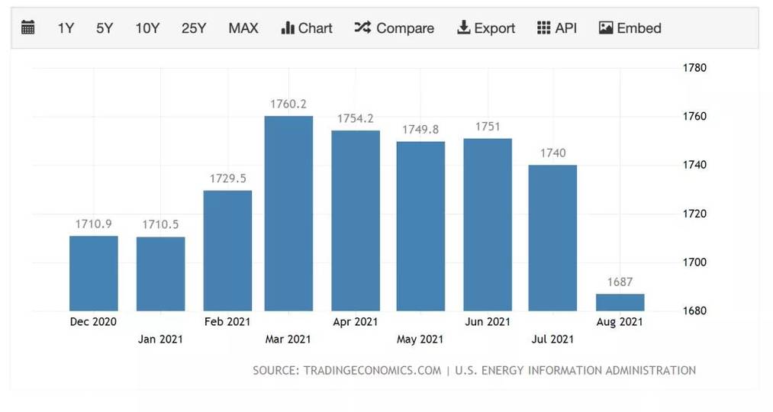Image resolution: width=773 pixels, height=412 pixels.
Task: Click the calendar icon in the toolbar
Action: pos(28,28)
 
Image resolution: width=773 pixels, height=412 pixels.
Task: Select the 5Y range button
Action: pos(105,28)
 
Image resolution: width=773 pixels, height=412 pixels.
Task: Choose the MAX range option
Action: pos(243,28)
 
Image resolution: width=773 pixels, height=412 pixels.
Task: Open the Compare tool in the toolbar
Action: pos(395,28)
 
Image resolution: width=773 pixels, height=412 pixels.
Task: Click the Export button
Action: pos(486,28)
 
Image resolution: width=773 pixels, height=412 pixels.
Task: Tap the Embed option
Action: pos(630,28)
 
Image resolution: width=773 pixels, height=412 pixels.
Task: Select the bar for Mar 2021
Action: pos(288,214)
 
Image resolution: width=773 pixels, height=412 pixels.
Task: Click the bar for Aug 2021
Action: pos(620,302)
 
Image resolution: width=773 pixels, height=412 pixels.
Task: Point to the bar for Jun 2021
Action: pos(488,224)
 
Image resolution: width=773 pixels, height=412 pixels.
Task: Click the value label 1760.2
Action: pos(288,104)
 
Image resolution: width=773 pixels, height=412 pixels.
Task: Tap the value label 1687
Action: pos(620,282)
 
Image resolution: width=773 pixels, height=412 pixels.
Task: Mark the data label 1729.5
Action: pos(227,178)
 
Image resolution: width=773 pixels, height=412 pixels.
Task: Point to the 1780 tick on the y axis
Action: pos(694,68)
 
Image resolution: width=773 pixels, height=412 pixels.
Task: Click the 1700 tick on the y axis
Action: pos(694,262)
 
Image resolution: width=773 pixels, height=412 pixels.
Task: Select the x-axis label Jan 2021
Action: pos(160,339)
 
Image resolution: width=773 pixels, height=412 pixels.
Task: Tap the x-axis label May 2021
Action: pos(420,339)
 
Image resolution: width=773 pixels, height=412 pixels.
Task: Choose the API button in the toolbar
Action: pos(557,28)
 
